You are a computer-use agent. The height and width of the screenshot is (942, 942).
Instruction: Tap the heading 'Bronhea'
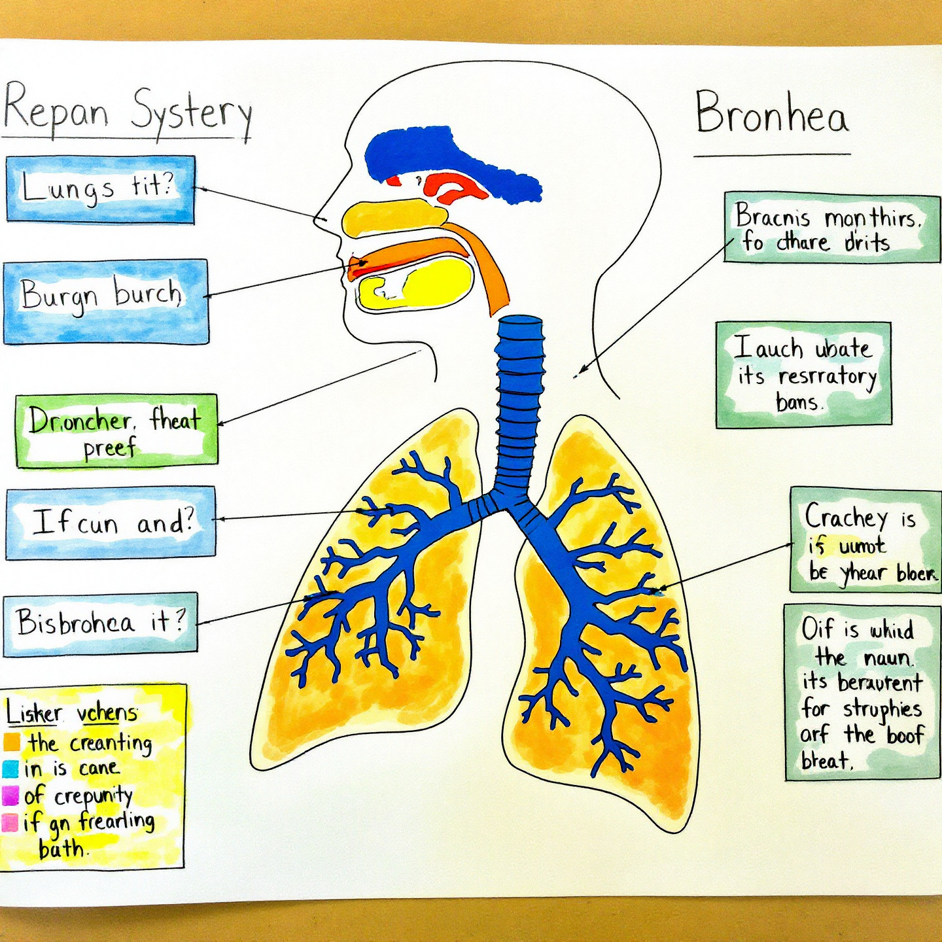(x=771, y=114)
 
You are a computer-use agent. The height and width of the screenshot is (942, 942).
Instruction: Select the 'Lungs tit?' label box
(x=100, y=189)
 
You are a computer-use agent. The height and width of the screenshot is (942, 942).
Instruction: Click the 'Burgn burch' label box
(x=105, y=302)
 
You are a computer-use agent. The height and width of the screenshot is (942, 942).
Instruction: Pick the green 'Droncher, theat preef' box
(x=116, y=430)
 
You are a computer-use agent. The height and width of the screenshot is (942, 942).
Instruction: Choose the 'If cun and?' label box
(x=111, y=523)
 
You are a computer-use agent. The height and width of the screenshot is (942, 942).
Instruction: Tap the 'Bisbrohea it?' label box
(x=100, y=623)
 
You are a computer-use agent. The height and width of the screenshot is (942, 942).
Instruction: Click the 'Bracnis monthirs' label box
(x=831, y=228)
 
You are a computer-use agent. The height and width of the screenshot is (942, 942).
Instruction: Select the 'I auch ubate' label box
(x=803, y=375)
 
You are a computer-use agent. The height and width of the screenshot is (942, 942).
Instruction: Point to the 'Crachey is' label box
(x=865, y=540)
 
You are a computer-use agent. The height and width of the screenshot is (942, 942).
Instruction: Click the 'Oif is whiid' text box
(x=862, y=693)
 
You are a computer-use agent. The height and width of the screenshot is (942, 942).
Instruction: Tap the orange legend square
(x=12, y=742)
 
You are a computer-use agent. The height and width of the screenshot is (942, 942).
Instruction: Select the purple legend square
(x=10, y=795)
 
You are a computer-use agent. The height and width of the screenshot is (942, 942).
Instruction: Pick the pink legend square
(x=10, y=822)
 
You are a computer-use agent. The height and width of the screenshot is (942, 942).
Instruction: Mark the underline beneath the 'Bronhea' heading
(x=772, y=156)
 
